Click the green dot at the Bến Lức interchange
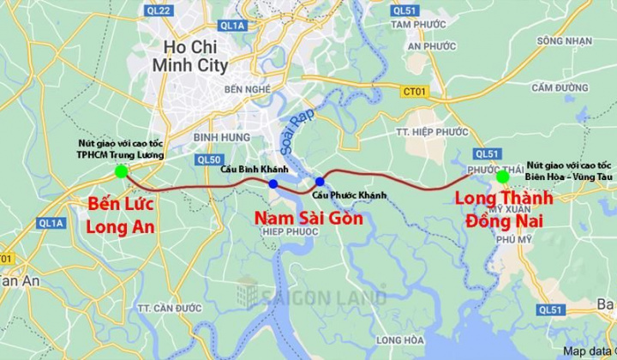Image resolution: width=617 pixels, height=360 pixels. pyautogui.click(x=121, y=171)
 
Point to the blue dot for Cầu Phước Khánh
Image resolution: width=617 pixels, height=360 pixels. pyautogui.click(x=320, y=181)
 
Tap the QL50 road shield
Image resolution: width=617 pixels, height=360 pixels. pyautogui.click(x=208, y=159)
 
